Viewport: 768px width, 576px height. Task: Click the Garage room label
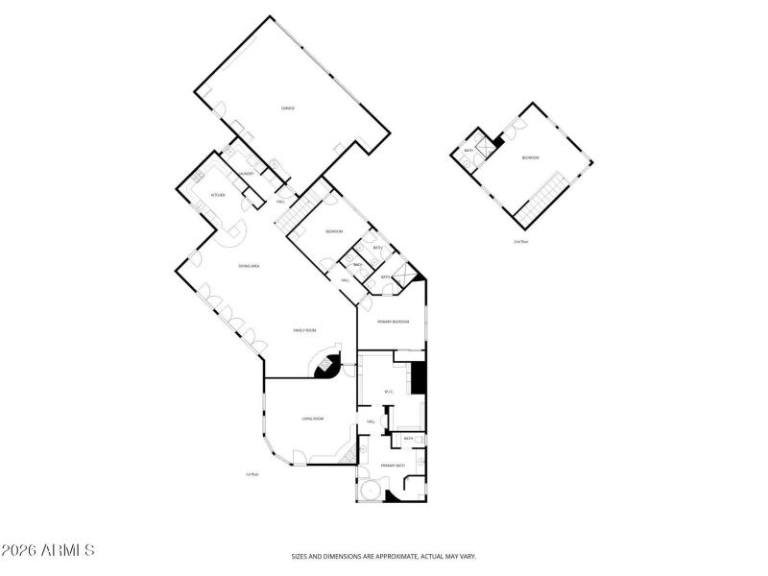tap(287, 108)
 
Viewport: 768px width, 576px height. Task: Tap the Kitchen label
tap(218, 195)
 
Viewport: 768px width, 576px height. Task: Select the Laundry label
tap(247, 174)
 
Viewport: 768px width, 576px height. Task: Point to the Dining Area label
tap(250, 265)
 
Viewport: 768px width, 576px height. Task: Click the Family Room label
tap(305, 330)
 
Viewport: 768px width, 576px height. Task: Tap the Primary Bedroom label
tap(395, 322)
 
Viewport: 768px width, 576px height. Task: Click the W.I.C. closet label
tap(390, 392)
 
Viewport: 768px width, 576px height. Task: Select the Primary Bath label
tap(393, 465)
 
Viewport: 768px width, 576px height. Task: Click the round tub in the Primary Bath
tap(368, 492)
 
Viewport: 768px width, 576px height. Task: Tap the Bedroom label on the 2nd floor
tap(530, 157)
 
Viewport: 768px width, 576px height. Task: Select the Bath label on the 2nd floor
tap(469, 150)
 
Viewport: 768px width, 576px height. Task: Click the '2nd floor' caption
tap(521, 241)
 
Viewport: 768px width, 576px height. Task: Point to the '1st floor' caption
tap(253, 474)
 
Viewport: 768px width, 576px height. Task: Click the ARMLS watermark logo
tap(48, 551)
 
